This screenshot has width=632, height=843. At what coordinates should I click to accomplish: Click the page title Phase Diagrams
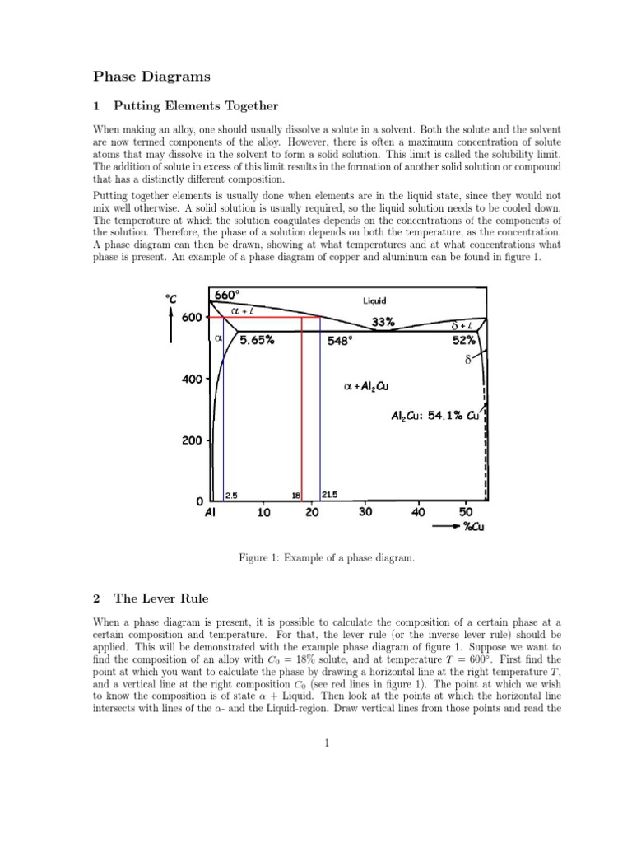151,77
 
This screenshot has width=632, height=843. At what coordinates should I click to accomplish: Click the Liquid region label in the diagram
374,301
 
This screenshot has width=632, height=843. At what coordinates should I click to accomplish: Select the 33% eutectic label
383,324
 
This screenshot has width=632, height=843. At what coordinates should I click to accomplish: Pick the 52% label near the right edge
463,340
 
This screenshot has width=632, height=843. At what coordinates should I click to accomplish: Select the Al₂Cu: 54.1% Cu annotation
435,417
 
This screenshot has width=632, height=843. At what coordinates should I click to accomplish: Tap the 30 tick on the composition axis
365,512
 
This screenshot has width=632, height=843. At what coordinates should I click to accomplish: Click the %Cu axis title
472,528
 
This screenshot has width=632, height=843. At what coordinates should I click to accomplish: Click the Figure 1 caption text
325,559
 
